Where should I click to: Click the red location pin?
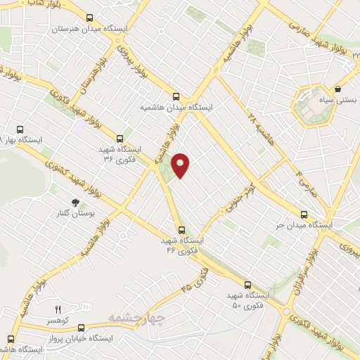point(181,165)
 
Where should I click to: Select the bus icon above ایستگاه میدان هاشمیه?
point(176,96)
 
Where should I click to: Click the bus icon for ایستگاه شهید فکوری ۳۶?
point(120,139)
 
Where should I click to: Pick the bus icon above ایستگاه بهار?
point(19,129)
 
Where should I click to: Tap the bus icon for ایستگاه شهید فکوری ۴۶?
point(181,230)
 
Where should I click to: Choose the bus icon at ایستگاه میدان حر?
point(304,214)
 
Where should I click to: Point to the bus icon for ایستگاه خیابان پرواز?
point(81,327)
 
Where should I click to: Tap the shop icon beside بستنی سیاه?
point(338,89)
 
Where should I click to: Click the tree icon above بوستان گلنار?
point(75,202)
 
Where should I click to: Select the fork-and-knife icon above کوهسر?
point(58,309)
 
